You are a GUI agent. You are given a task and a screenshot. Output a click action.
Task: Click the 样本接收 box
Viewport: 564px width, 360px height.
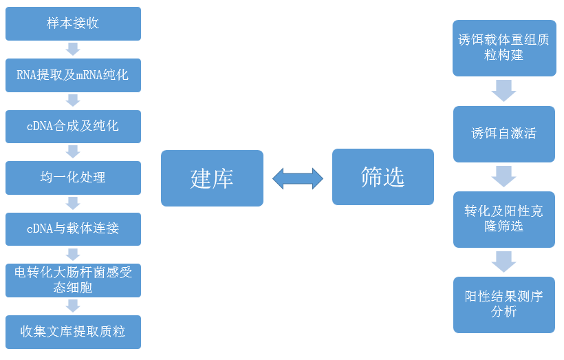(73, 23)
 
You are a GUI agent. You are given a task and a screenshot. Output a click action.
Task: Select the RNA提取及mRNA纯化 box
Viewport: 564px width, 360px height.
(73, 75)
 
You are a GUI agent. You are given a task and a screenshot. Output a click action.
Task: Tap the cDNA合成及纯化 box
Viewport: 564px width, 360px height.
(73, 127)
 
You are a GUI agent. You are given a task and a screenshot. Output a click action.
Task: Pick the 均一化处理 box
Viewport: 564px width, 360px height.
(73, 178)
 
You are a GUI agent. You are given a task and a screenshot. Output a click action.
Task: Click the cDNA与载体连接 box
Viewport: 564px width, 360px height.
(73, 229)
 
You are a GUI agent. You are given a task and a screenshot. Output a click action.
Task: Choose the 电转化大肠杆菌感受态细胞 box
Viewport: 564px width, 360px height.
(73, 280)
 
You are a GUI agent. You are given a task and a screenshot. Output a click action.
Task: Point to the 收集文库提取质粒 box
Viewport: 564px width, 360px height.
(73, 332)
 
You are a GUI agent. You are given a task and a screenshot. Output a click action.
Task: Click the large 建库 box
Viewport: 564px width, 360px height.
(212, 178)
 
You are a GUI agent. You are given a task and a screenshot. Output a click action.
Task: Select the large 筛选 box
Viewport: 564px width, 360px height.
(383, 177)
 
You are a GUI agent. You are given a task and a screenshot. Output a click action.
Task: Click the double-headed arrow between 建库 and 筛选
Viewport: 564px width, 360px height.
(298, 178)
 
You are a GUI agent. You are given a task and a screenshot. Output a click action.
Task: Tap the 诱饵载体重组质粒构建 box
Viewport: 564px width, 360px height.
(503, 47)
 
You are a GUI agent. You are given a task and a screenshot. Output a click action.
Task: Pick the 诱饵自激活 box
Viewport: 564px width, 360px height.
(503, 134)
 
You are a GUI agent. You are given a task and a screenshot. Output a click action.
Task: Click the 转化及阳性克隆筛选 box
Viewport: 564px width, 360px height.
(503, 219)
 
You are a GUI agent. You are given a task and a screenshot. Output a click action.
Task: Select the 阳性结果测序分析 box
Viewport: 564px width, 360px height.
(503, 304)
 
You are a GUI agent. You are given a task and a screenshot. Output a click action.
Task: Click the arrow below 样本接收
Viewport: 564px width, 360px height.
(73, 49)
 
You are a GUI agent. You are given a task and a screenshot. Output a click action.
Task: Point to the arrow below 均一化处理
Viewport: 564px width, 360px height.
(73, 203)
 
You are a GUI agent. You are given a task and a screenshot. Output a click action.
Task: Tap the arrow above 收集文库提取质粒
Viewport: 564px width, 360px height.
(73, 306)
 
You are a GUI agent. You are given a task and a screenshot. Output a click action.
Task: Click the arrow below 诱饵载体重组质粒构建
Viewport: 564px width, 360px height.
(503, 90)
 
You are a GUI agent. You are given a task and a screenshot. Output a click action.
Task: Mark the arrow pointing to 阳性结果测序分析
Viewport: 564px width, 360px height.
(503, 262)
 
